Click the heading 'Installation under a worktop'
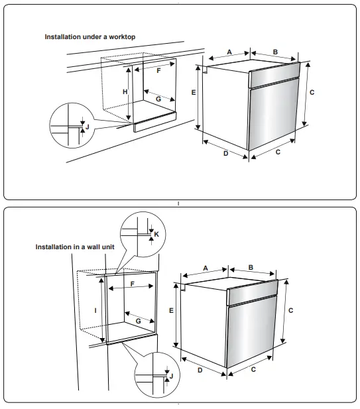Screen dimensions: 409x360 click(x=90, y=37)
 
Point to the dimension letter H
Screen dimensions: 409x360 click(x=125, y=92)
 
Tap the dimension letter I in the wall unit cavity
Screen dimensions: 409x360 click(x=97, y=310)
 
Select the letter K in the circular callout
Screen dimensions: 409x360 click(x=156, y=234)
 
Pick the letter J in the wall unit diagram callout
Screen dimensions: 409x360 click(x=171, y=376)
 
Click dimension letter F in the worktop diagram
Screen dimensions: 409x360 click(x=158, y=70)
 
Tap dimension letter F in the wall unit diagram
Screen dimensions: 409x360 click(x=133, y=284)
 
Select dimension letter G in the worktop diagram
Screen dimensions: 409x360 click(x=158, y=99)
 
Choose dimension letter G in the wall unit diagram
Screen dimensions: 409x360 click(x=138, y=320)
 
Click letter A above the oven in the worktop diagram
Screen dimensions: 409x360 click(x=229, y=51)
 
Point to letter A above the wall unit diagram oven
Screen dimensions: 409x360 click(x=206, y=267)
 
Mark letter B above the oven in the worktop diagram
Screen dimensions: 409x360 click(x=274, y=51)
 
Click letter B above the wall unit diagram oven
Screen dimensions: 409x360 click(x=251, y=267)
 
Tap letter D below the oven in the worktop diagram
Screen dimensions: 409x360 click(x=225, y=154)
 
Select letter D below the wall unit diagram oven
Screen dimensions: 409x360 click(x=200, y=370)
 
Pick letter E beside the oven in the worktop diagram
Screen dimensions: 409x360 click(x=193, y=93)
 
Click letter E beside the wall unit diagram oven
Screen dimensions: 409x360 click(x=170, y=310)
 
